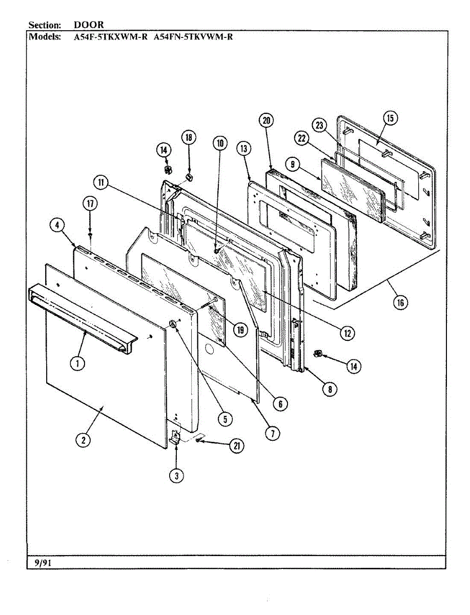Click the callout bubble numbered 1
point(77,363)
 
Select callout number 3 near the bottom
point(176,475)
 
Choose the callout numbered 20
point(267,121)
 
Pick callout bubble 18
point(188,137)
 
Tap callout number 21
point(236,446)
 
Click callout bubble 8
point(330,389)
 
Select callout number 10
point(220,143)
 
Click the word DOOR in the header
point(89,25)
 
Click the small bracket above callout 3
point(175,436)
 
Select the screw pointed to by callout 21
point(198,440)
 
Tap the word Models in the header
point(45,36)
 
